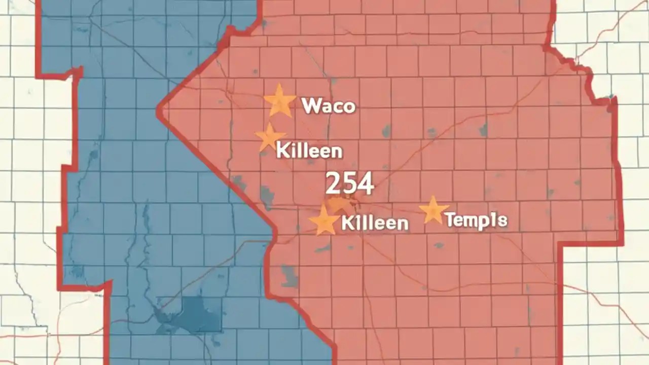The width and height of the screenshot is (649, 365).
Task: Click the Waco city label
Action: [329, 106]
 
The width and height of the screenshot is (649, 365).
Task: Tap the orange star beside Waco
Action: [279, 101]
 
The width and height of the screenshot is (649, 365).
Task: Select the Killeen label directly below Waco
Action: [309, 151]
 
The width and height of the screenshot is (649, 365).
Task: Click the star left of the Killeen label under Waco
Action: [269, 137]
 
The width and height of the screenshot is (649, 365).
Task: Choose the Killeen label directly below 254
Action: [375, 223]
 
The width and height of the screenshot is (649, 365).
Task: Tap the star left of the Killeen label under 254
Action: [324, 221]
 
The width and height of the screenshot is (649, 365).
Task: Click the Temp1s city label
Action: [476, 220]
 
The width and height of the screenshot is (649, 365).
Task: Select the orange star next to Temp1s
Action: [434, 210]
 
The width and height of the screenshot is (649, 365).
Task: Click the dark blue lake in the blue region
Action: [190, 314]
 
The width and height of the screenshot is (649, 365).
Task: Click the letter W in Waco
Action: [310, 105]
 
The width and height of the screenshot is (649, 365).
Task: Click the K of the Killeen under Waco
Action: [282, 151]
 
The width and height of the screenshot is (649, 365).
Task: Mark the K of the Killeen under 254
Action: [348, 223]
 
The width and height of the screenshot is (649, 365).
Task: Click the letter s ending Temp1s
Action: [502, 221]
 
